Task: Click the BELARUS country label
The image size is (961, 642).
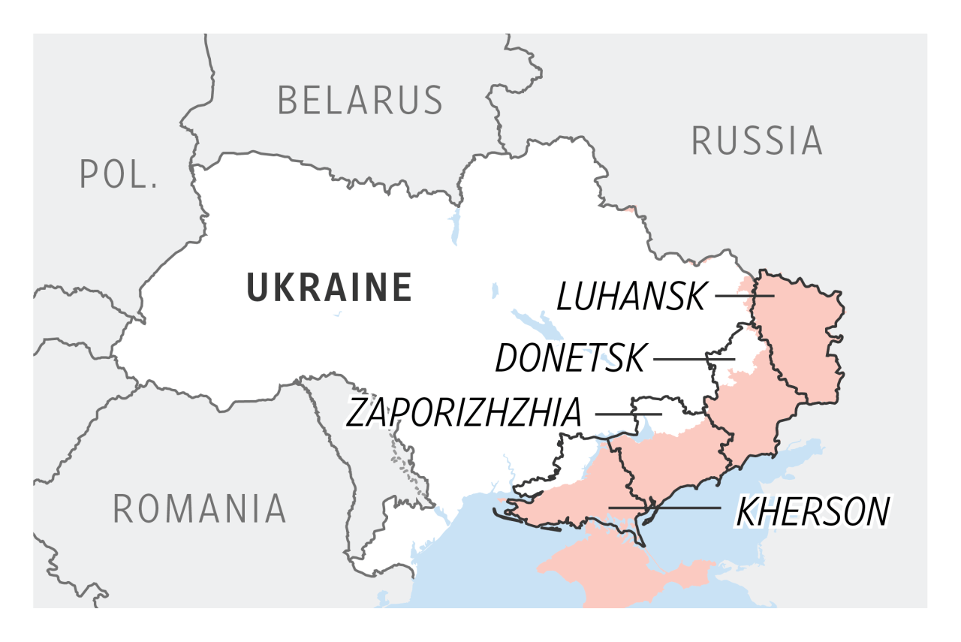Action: pyautogui.click(x=360, y=100)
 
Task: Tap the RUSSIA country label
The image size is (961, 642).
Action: pyautogui.click(x=756, y=140)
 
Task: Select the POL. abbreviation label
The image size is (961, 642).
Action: pyautogui.click(x=119, y=174)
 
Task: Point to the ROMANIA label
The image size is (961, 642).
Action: pyautogui.click(x=199, y=509)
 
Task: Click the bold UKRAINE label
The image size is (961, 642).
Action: pyautogui.click(x=330, y=287)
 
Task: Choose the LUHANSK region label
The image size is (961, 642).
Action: pyautogui.click(x=631, y=297)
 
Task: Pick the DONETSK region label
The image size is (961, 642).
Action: pyautogui.click(x=570, y=360)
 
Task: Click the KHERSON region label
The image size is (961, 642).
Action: pyautogui.click(x=812, y=511)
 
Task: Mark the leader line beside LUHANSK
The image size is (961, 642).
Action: pyautogui.click(x=743, y=296)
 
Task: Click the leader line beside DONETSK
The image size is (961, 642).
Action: pyautogui.click(x=693, y=359)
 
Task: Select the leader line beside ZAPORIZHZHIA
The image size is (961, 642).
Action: pyautogui.click(x=628, y=413)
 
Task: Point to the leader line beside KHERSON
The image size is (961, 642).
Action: pyautogui.click(x=664, y=508)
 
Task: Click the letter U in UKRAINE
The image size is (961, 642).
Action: pyautogui.click(x=258, y=287)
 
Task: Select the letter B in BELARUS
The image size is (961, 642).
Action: pyautogui.click(x=288, y=100)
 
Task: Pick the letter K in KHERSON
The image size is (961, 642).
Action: pyautogui.click(x=747, y=511)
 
